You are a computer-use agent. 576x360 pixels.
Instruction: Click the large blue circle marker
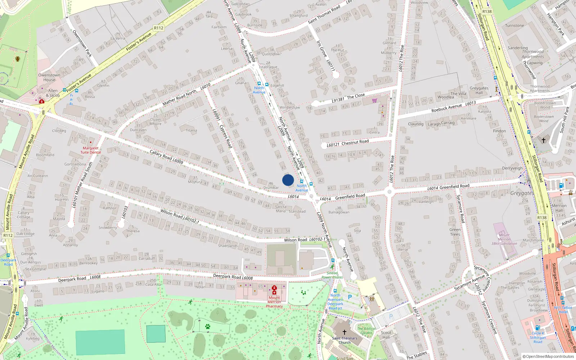click(288, 180)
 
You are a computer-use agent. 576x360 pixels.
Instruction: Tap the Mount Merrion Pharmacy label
click(274, 302)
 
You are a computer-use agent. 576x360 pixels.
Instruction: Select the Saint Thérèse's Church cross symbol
click(344, 332)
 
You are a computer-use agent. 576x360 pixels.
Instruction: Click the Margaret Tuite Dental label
click(90, 150)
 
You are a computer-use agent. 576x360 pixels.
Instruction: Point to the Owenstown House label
click(49, 77)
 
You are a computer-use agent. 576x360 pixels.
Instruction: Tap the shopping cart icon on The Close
click(374, 100)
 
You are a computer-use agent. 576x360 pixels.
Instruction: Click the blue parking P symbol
click(350, 297)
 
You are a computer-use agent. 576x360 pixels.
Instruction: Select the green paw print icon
click(208, 327)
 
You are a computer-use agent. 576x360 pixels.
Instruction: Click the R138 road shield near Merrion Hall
click(542, 217)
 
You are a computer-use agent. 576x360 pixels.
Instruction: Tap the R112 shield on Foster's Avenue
click(158, 28)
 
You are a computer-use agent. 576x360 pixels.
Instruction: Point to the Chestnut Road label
click(348, 143)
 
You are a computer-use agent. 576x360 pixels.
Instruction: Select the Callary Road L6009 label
click(166, 157)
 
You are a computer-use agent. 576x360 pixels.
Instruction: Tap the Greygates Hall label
click(479, 90)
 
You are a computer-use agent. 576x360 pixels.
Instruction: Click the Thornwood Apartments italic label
click(533, 54)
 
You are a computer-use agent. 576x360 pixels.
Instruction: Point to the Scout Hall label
click(386, 335)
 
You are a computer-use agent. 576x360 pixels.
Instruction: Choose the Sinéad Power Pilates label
click(332, 275)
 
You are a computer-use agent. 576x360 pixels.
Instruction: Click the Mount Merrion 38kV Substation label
click(504, 239)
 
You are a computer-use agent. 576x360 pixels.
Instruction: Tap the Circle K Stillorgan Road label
click(538, 337)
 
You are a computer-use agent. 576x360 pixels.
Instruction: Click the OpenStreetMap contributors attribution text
click(548, 357)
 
